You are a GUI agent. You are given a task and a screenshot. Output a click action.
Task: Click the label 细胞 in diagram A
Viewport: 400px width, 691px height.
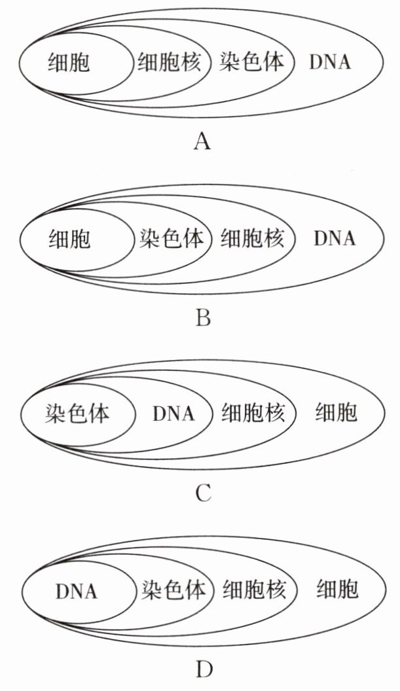point(69,62)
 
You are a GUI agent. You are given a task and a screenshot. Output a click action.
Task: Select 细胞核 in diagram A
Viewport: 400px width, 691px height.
point(170,62)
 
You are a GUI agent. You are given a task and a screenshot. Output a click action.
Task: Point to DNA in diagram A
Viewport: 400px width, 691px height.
point(331,62)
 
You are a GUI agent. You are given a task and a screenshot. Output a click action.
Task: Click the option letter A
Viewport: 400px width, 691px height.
point(202,142)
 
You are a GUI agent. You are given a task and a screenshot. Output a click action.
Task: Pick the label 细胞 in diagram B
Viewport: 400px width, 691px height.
point(69,238)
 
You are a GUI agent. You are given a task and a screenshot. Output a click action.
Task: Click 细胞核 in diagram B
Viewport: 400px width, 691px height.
point(253,238)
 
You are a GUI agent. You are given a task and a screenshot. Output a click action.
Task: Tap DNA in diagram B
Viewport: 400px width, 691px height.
point(335,238)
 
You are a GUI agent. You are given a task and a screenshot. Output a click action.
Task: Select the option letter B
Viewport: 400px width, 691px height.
point(203,318)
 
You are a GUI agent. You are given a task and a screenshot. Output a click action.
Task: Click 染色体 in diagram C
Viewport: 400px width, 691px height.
point(77,414)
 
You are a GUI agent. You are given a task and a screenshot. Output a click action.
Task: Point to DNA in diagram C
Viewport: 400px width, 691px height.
point(173,414)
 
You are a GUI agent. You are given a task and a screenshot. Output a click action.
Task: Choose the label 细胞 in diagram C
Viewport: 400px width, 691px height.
point(336,414)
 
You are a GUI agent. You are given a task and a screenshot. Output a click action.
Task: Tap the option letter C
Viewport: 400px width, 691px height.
point(203,494)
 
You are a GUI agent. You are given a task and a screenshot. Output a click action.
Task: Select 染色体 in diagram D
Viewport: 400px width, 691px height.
point(173,590)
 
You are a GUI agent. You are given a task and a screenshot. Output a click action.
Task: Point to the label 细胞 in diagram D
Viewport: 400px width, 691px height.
point(337,590)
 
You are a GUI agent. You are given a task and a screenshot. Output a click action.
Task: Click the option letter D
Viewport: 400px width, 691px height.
point(204,670)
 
